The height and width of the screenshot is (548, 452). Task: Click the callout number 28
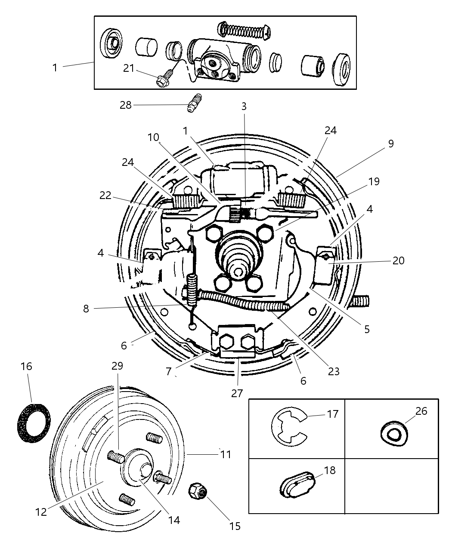tap(125, 105)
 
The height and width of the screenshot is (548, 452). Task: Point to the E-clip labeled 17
tap(288, 427)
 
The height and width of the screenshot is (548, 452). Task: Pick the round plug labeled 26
tap(394, 431)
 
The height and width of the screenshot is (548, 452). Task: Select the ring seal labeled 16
tap(33, 416)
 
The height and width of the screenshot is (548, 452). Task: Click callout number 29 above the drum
tap(117, 366)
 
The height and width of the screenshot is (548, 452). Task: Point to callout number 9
tap(390, 144)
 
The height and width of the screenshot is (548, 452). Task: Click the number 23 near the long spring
tap(334, 371)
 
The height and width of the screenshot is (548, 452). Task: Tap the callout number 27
tap(237, 393)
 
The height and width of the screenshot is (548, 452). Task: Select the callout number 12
tap(41, 512)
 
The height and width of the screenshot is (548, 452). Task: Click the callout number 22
tap(105, 196)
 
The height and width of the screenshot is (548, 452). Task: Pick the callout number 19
tap(374, 181)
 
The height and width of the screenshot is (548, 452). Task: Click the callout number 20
tap(398, 260)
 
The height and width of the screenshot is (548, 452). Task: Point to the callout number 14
tap(173, 520)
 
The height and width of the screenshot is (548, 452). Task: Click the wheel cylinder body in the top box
tap(220, 58)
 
